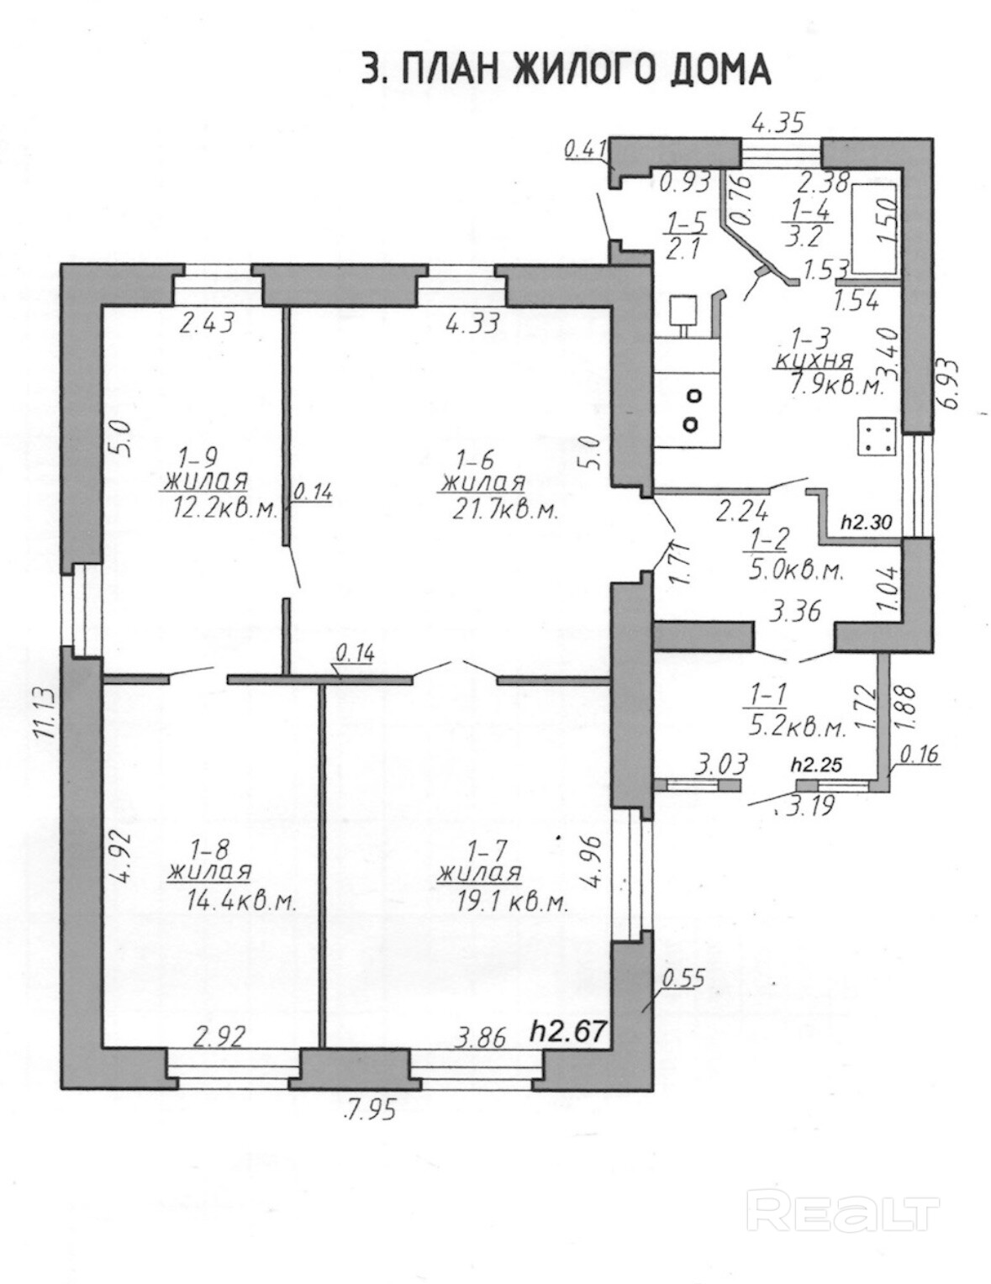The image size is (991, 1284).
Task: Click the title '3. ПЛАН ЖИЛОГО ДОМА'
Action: pos(567,71)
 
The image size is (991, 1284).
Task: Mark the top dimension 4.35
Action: pos(778,124)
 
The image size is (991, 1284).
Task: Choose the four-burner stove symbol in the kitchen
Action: pos(878,438)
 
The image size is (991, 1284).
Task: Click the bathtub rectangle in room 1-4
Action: pos(875,227)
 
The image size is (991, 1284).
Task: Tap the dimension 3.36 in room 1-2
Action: pos(795,612)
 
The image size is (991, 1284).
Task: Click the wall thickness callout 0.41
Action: pos(586,149)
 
